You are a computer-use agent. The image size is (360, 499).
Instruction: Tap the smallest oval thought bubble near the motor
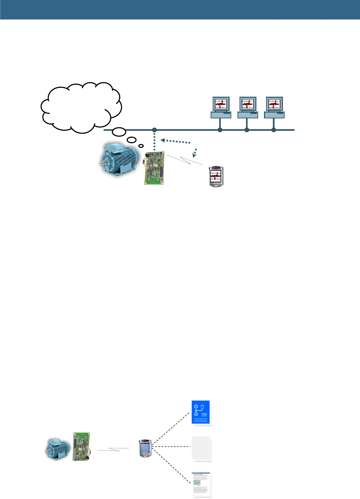click(x=141, y=146)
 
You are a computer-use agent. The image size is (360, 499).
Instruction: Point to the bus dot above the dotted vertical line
click(x=155, y=130)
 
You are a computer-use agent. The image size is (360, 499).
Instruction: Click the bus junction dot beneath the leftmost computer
click(x=220, y=130)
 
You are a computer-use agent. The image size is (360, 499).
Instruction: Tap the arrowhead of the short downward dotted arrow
click(x=194, y=154)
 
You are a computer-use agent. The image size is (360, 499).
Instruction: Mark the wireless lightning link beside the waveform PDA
click(x=184, y=160)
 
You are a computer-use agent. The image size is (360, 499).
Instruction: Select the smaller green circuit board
click(x=82, y=446)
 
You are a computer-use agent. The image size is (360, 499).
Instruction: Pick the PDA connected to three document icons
click(x=145, y=448)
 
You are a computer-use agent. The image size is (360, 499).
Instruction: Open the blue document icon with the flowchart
click(x=201, y=412)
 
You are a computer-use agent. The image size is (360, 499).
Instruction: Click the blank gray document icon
click(x=201, y=448)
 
